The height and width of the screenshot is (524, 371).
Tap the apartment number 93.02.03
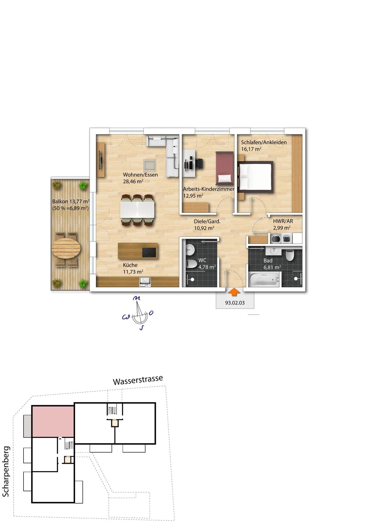(235, 303)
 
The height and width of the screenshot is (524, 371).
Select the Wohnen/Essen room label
(140, 175)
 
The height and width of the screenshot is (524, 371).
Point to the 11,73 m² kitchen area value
(133, 272)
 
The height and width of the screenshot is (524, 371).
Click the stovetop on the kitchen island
(149, 252)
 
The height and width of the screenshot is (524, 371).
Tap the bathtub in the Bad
(264, 279)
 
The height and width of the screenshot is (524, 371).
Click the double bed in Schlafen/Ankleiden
(256, 177)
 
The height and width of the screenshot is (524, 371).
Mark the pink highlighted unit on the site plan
(53, 421)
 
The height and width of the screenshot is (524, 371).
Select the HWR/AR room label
(283, 221)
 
